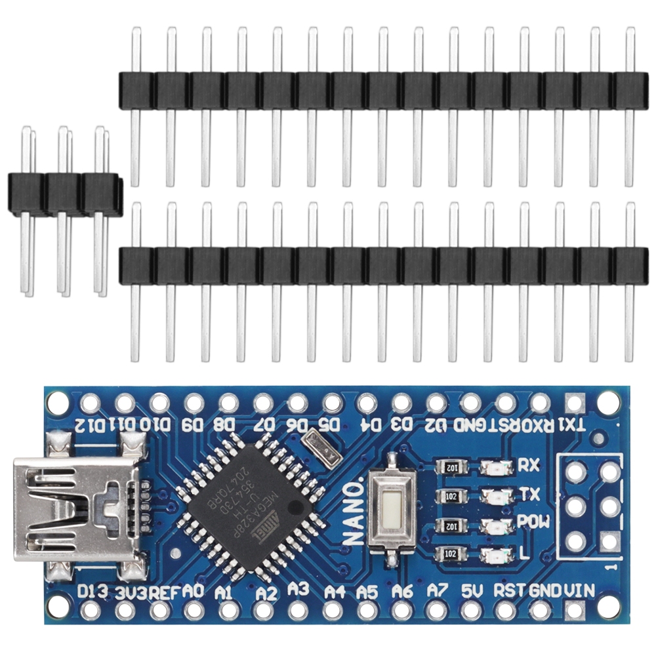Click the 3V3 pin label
pyautogui.click(x=130, y=592)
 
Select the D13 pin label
pyautogui.click(x=92, y=592)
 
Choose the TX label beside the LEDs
pyautogui.click(x=525, y=494)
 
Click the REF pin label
pyautogui.click(x=163, y=592)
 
